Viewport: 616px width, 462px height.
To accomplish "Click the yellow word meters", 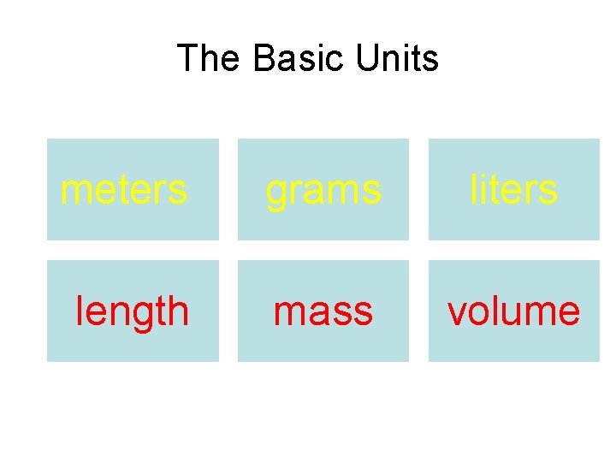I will pyautogui.click(x=124, y=189).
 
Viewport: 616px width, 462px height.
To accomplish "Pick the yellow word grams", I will pyautogui.click(x=323, y=189).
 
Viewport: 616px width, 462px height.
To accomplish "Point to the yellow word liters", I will pyautogui.click(x=513, y=189).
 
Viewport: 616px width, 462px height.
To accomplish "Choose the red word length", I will pyautogui.click(x=133, y=311).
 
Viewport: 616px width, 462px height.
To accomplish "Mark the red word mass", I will pyautogui.click(x=323, y=311).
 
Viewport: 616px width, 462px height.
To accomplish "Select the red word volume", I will pyautogui.click(x=513, y=311).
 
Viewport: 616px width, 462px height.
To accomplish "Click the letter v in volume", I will pyautogui.click(x=457, y=313).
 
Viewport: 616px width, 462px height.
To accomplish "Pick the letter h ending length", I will pyautogui.click(x=178, y=311).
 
